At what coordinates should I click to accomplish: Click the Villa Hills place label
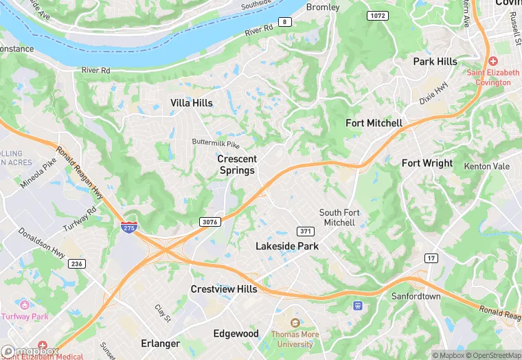tap(192, 103)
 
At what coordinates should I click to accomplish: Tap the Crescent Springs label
tap(236, 164)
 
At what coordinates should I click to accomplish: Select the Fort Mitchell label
tap(374, 123)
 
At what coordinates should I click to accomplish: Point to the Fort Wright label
tap(427, 163)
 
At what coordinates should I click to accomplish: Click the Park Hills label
tap(435, 62)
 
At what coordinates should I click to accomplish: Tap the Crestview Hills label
tap(224, 289)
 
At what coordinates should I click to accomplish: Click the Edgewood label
tap(236, 333)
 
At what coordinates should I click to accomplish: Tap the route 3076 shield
tap(210, 221)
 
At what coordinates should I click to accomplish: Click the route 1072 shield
tap(377, 15)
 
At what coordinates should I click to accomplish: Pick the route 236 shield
tap(76, 264)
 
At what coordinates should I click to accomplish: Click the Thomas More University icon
tap(295, 323)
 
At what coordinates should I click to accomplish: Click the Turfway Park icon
tap(25, 304)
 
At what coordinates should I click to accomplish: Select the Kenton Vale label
tap(487, 166)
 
